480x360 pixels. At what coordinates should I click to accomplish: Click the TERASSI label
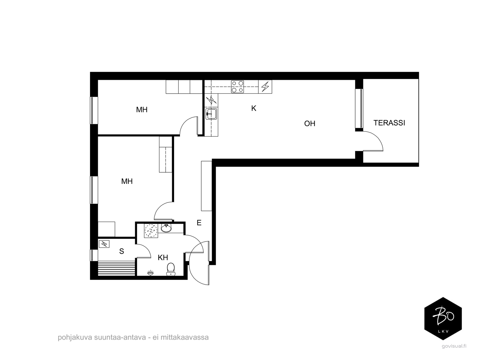(x=389, y=123)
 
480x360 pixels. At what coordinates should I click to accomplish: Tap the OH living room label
(x=310, y=124)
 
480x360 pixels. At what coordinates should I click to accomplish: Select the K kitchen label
(x=254, y=108)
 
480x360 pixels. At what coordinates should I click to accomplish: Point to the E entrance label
(x=199, y=223)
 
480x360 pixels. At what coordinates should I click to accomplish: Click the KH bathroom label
(x=163, y=258)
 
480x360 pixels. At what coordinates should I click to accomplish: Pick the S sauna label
(x=121, y=251)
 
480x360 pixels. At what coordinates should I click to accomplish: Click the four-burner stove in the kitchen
(x=238, y=87)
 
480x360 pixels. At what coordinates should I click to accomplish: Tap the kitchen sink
(x=211, y=114)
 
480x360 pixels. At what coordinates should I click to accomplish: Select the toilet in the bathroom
(x=171, y=269)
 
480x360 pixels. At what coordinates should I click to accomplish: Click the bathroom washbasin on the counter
(x=166, y=228)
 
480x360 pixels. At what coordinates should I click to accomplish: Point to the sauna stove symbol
(x=104, y=244)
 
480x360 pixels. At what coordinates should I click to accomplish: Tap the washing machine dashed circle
(x=151, y=231)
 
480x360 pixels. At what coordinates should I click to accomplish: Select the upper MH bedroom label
(x=142, y=110)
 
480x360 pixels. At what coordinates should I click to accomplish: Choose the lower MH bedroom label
(x=127, y=181)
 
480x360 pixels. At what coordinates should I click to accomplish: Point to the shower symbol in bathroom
(x=151, y=273)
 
